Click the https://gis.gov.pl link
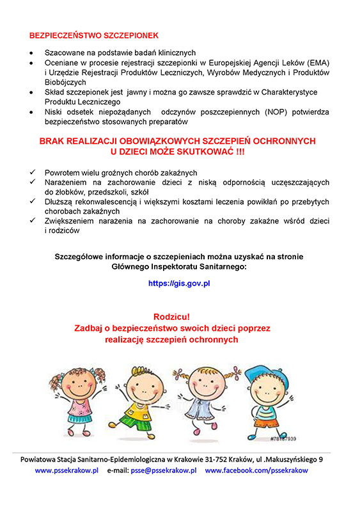click(x=179, y=282)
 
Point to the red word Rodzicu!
click(x=172, y=316)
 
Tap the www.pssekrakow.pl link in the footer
click(x=67, y=470)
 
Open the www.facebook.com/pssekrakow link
click(x=256, y=470)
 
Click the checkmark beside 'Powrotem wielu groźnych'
click(x=33, y=173)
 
